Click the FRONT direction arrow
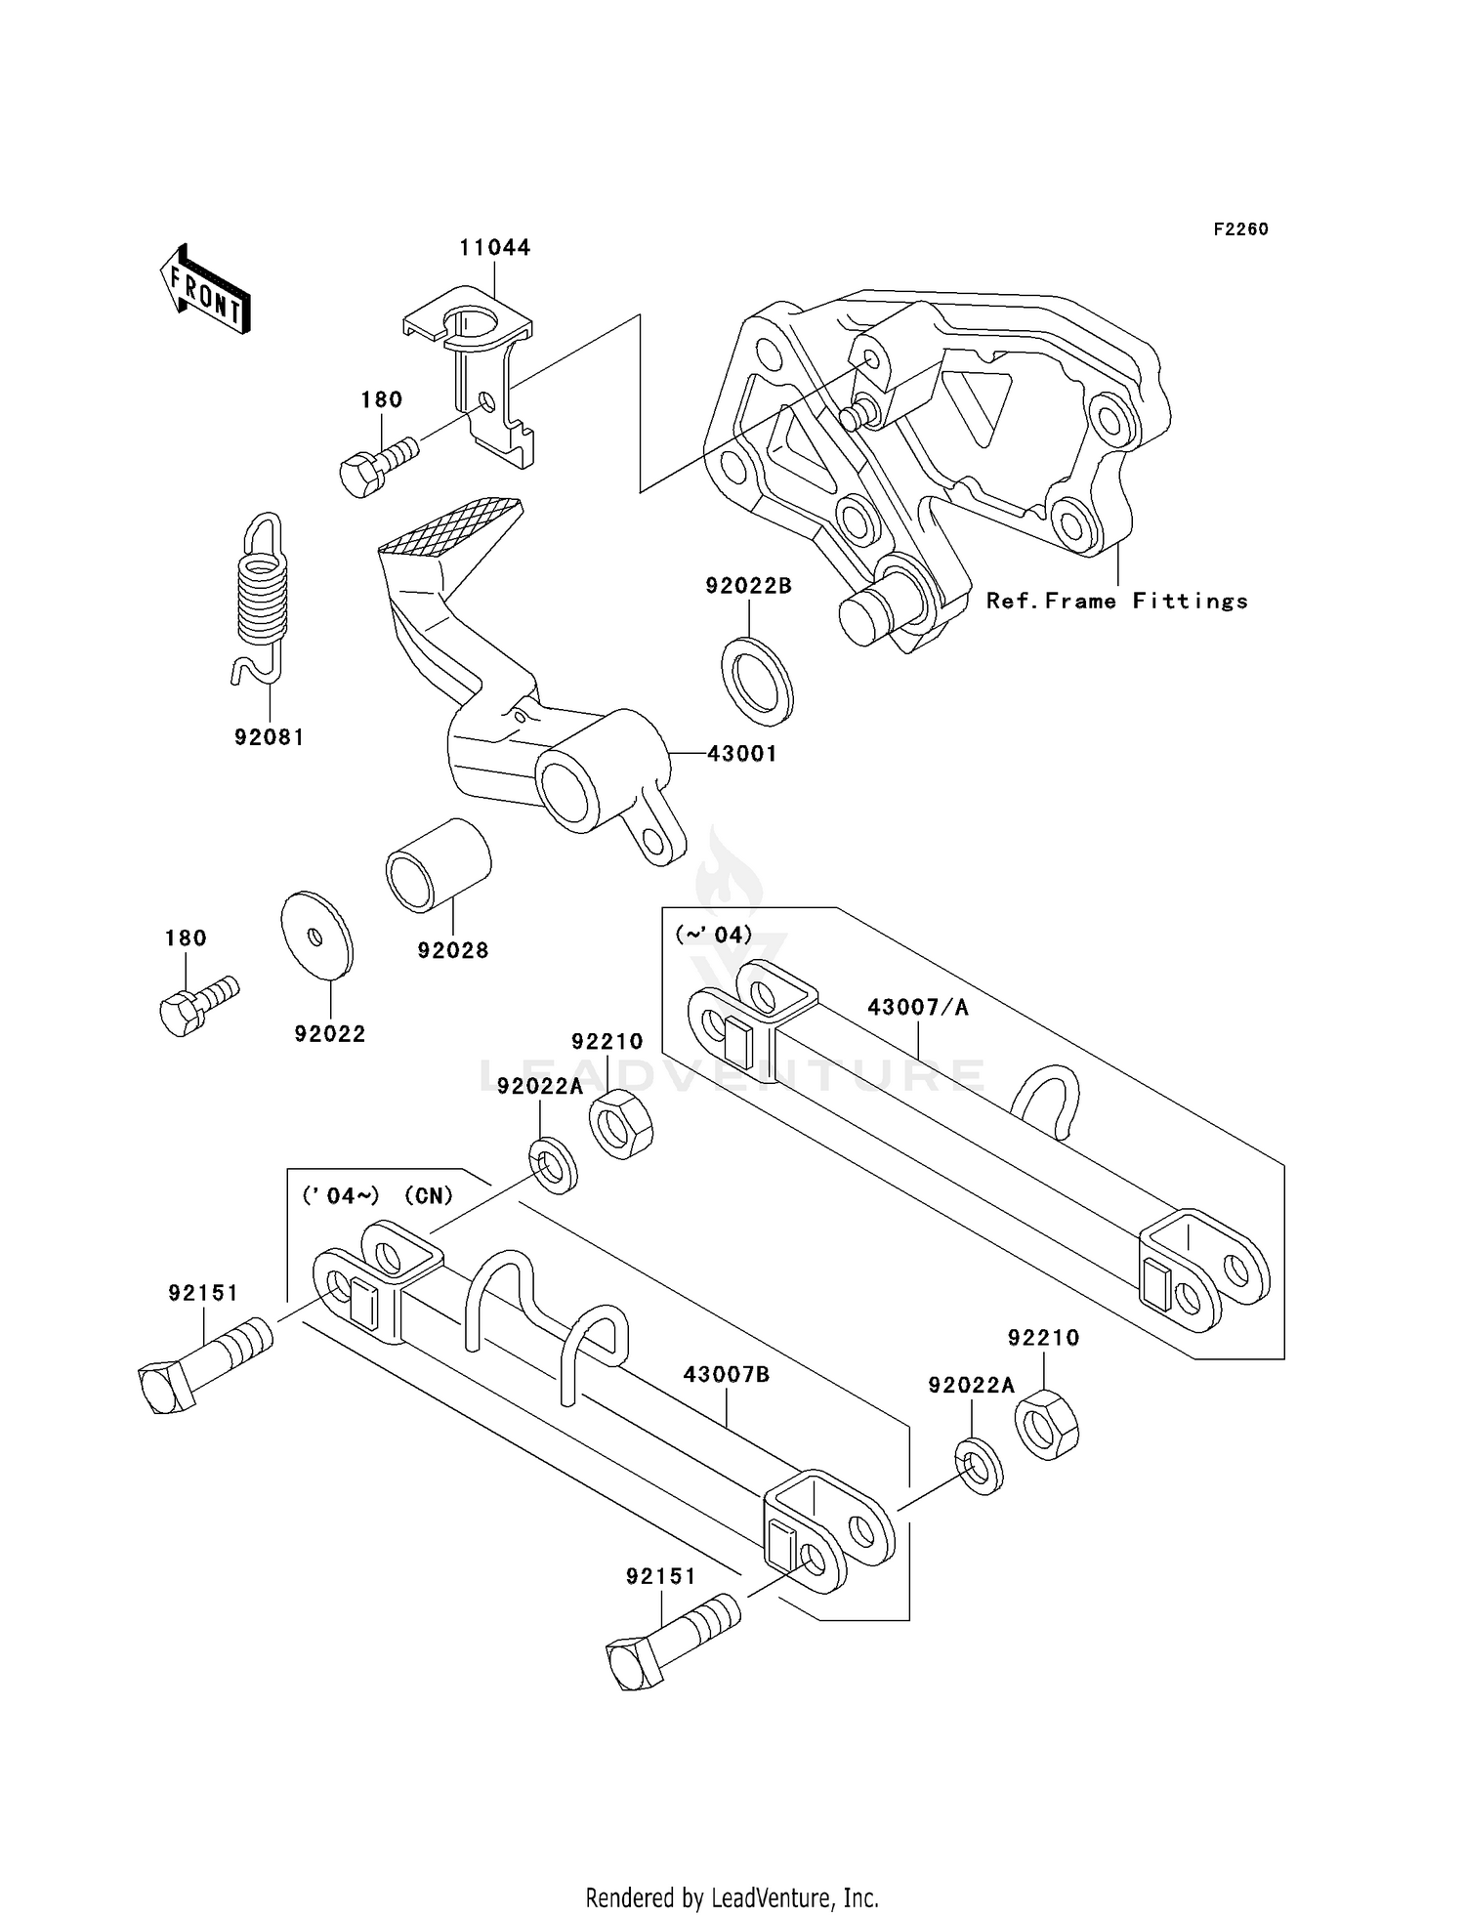[x=205, y=290]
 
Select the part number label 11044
[x=494, y=248]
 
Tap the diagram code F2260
[x=1240, y=229]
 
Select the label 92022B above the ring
[x=748, y=586]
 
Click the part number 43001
[x=741, y=754]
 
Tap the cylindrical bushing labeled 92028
[x=439, y=865]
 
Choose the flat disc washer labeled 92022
[x=316, y=935]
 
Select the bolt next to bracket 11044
[x=378, y=467]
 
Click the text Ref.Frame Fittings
[x=1116, y=602]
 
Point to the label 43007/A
[x=917, y=1008]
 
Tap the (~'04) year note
[x=713, y=936]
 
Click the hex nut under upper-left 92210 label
[x=620, y=1125]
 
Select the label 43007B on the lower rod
[x=726, y=1375]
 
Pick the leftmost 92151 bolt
[x=203, y=1359]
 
